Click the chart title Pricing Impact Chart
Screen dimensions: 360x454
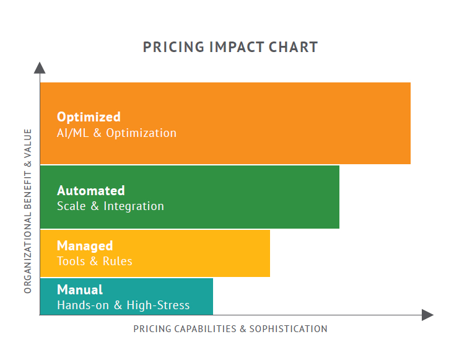click(230, 47)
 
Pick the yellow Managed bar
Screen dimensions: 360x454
click(204, 253)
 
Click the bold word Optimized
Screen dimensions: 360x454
click(89, 116)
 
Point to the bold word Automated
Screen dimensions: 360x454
click(91, 190)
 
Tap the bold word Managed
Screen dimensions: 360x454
click(85, 246)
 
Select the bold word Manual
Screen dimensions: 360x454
click(80, 289)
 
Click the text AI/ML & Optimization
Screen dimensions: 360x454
click(116, 133)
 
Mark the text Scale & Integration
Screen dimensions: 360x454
click(110, 206)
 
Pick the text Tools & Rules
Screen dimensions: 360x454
click(95, 261)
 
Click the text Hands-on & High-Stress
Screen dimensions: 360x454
click(123, 305)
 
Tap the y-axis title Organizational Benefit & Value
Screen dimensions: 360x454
click(27, 211)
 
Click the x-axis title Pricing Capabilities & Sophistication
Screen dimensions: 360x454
click(230, 329)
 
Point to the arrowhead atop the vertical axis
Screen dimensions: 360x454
click(40, 68)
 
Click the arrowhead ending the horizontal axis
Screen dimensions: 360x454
click(427, 315)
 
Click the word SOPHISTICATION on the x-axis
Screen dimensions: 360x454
click(288, 329)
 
